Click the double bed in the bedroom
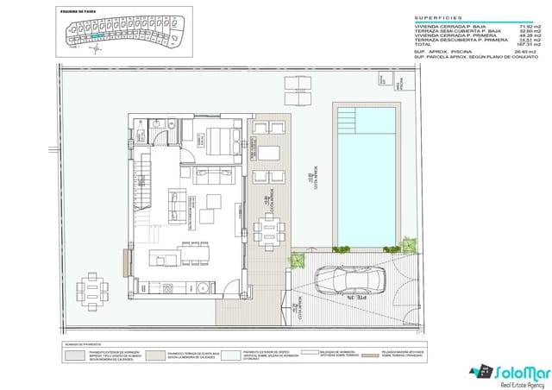click(216, 138)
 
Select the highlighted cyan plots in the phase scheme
click(99, 37)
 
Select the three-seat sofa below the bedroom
click(216, 177)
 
